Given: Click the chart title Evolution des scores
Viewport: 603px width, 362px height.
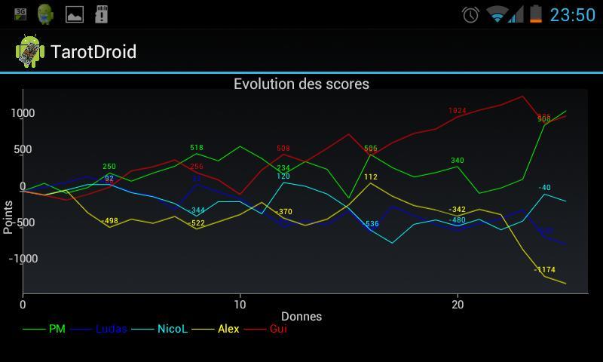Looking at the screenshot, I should click(x=301, y=84).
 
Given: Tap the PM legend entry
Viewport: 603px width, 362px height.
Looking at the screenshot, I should click(x=57, y=329).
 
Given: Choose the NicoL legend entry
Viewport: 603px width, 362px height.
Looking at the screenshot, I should click(x=172, y=329).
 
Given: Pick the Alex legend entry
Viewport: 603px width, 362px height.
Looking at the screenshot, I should click(x=228, y=329).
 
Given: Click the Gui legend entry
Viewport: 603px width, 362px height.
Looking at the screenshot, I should click(x=278, y=329).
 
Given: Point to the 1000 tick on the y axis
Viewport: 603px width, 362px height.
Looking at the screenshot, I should click(x=23, y=113).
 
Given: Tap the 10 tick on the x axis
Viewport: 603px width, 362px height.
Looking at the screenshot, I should click(x=240, y=304).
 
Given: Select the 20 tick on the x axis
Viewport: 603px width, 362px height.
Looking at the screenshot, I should click(x=457, y=304).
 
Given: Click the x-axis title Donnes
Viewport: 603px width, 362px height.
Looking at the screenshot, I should click(x=301, y=317).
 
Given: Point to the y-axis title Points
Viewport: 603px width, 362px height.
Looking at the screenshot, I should click(x=8, y=217).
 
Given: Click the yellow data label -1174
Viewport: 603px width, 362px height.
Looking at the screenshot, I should click(x=544, y=270).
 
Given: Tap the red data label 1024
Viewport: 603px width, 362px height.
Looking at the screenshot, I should click(x=458, y=111).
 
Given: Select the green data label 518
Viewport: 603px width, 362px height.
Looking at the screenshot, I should click(x=197, y=148).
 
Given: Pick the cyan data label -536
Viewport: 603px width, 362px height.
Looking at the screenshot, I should click(x=371, y=224).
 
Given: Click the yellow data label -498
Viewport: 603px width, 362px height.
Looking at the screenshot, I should click(x=110, y=221).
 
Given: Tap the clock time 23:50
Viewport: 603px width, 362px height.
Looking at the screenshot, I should click(x=573, y=14).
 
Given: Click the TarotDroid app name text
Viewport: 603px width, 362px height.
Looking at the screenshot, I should click(x=93, y=51).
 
